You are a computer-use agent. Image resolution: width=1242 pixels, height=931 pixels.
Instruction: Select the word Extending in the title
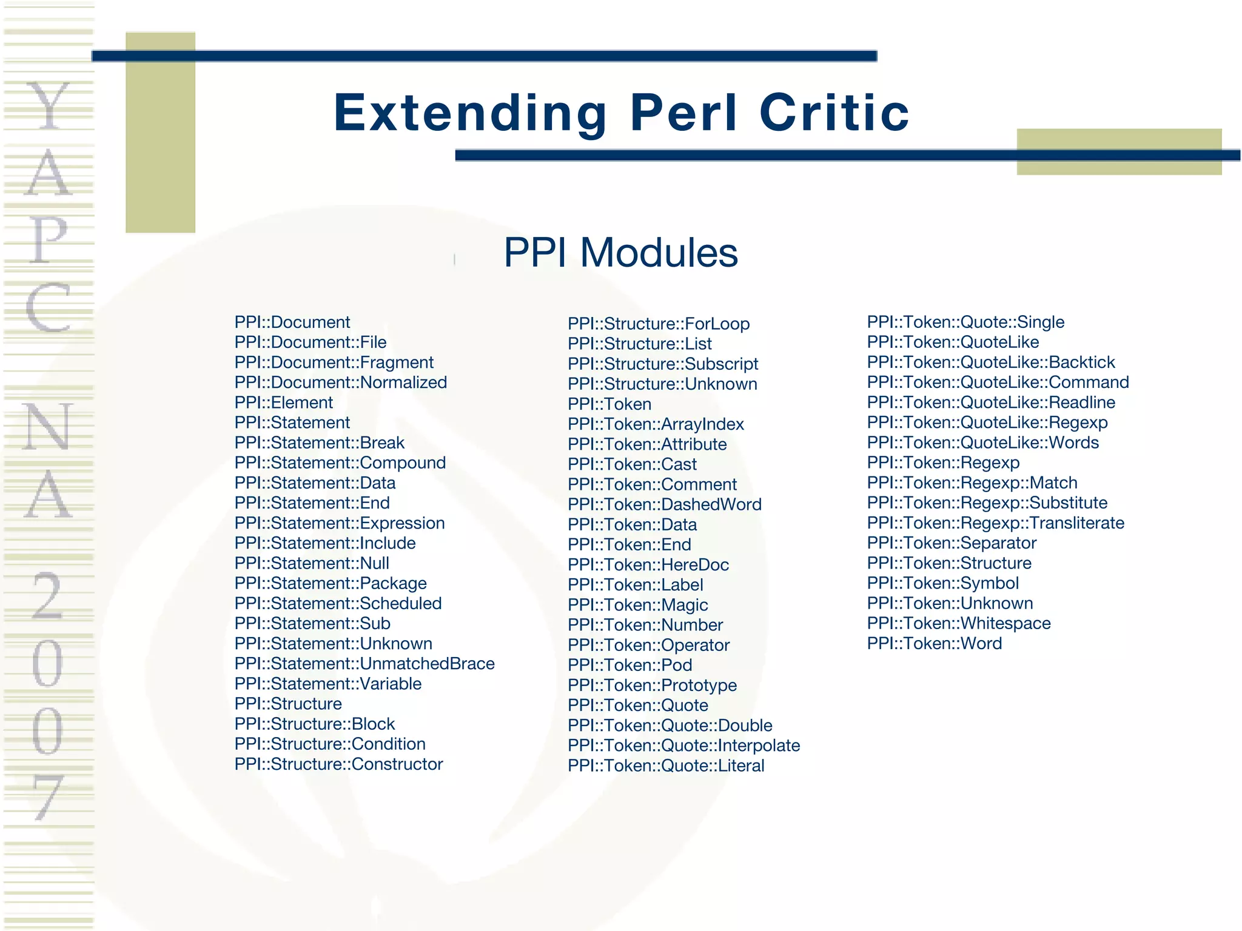coord(470,113)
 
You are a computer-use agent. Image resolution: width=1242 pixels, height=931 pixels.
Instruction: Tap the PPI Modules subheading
coord(620,253)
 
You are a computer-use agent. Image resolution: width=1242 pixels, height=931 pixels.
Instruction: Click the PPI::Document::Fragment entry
coord(334,362)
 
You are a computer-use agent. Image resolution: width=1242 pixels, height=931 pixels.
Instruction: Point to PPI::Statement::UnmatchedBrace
coord(364,664)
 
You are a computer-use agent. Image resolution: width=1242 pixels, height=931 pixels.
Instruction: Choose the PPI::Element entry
coord(284,402)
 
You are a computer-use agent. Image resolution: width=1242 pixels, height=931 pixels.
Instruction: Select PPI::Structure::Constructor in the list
coord(338,764)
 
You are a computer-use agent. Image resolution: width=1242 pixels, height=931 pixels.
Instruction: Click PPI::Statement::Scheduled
coord(338,604)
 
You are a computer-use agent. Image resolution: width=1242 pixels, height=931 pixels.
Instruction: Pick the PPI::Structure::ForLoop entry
coord(659,324)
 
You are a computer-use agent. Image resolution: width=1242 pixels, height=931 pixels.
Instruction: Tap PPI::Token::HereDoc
coord(648,565)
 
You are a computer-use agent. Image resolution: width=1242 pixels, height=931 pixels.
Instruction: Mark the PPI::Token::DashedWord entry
coord(665,504)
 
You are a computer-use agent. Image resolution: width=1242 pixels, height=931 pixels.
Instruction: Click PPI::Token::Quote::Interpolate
coord(684,746)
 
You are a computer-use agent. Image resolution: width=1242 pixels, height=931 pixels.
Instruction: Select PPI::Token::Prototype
coord(653,686)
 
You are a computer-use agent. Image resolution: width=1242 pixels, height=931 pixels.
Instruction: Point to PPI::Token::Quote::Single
coord(965,322)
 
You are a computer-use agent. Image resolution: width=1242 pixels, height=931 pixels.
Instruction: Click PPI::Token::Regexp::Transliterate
coord(996,523)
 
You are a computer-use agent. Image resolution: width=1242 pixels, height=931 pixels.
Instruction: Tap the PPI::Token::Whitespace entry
coord(959,624)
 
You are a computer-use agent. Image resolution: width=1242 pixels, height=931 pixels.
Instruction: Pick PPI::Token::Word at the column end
coord(935,644)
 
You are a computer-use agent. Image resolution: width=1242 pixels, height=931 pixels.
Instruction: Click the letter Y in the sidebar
coord(49,106)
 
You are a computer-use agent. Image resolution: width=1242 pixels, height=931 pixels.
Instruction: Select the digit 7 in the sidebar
coord(49,797)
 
